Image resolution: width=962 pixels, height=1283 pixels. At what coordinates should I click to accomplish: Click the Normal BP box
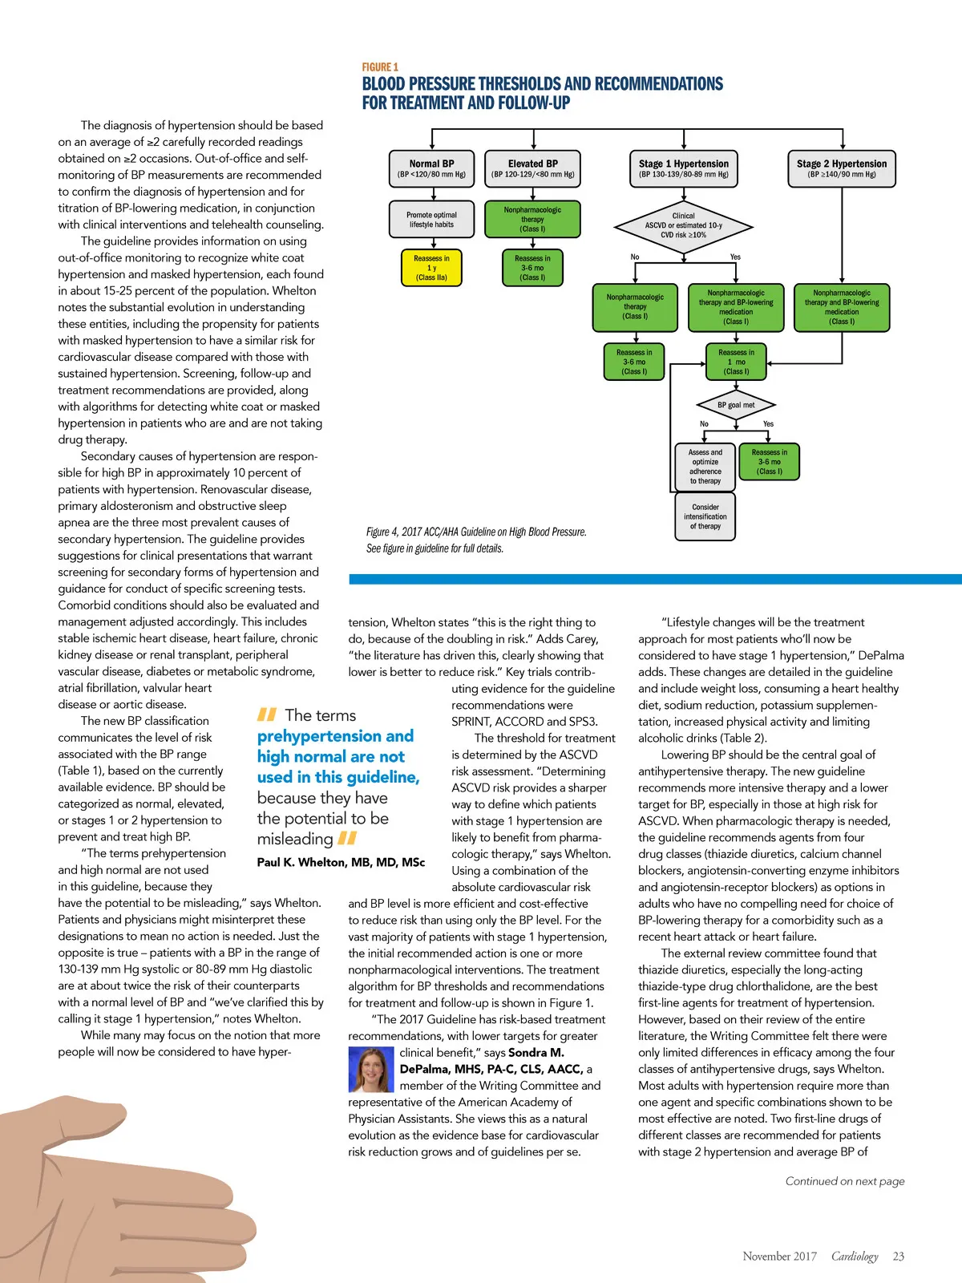point(431,168)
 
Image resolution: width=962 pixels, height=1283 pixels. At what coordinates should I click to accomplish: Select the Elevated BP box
point(532,168)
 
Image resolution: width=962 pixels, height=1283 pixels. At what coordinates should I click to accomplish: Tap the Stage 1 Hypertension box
point(684,168)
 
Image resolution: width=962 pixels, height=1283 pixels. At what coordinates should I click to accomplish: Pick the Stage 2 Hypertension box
point(842,168)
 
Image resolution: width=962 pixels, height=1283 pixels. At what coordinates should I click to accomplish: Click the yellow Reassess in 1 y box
point(431,268)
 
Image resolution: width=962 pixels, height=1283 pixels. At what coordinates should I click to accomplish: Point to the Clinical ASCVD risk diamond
point(684,225)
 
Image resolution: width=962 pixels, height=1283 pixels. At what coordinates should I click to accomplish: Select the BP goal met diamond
point(736,405)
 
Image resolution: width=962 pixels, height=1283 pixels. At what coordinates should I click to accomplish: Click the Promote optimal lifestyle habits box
point(431,219)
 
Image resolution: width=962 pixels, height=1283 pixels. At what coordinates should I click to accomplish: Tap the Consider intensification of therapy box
point(705,516)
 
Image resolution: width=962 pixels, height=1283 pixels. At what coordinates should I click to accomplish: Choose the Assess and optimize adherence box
point(705,467)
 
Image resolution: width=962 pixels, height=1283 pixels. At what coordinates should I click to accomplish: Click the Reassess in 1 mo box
point(736,362)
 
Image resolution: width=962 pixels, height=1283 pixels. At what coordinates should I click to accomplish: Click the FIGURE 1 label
point(380,67)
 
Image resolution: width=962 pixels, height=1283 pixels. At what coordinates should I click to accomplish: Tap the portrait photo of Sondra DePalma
point(371,1070)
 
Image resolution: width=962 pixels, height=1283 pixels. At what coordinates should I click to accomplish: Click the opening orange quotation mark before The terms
point(267,714)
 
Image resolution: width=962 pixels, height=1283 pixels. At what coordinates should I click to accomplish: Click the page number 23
point(899,1257)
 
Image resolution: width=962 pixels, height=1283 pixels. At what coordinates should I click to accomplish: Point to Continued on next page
point(845,1180)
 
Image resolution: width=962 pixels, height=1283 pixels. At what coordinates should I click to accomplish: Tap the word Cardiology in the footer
point(855,1257)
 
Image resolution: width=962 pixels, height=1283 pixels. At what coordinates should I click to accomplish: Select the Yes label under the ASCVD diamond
point(735,257)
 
